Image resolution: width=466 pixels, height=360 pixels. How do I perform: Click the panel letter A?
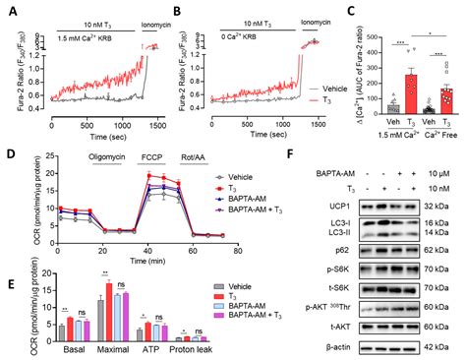click(x=9, y=9)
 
